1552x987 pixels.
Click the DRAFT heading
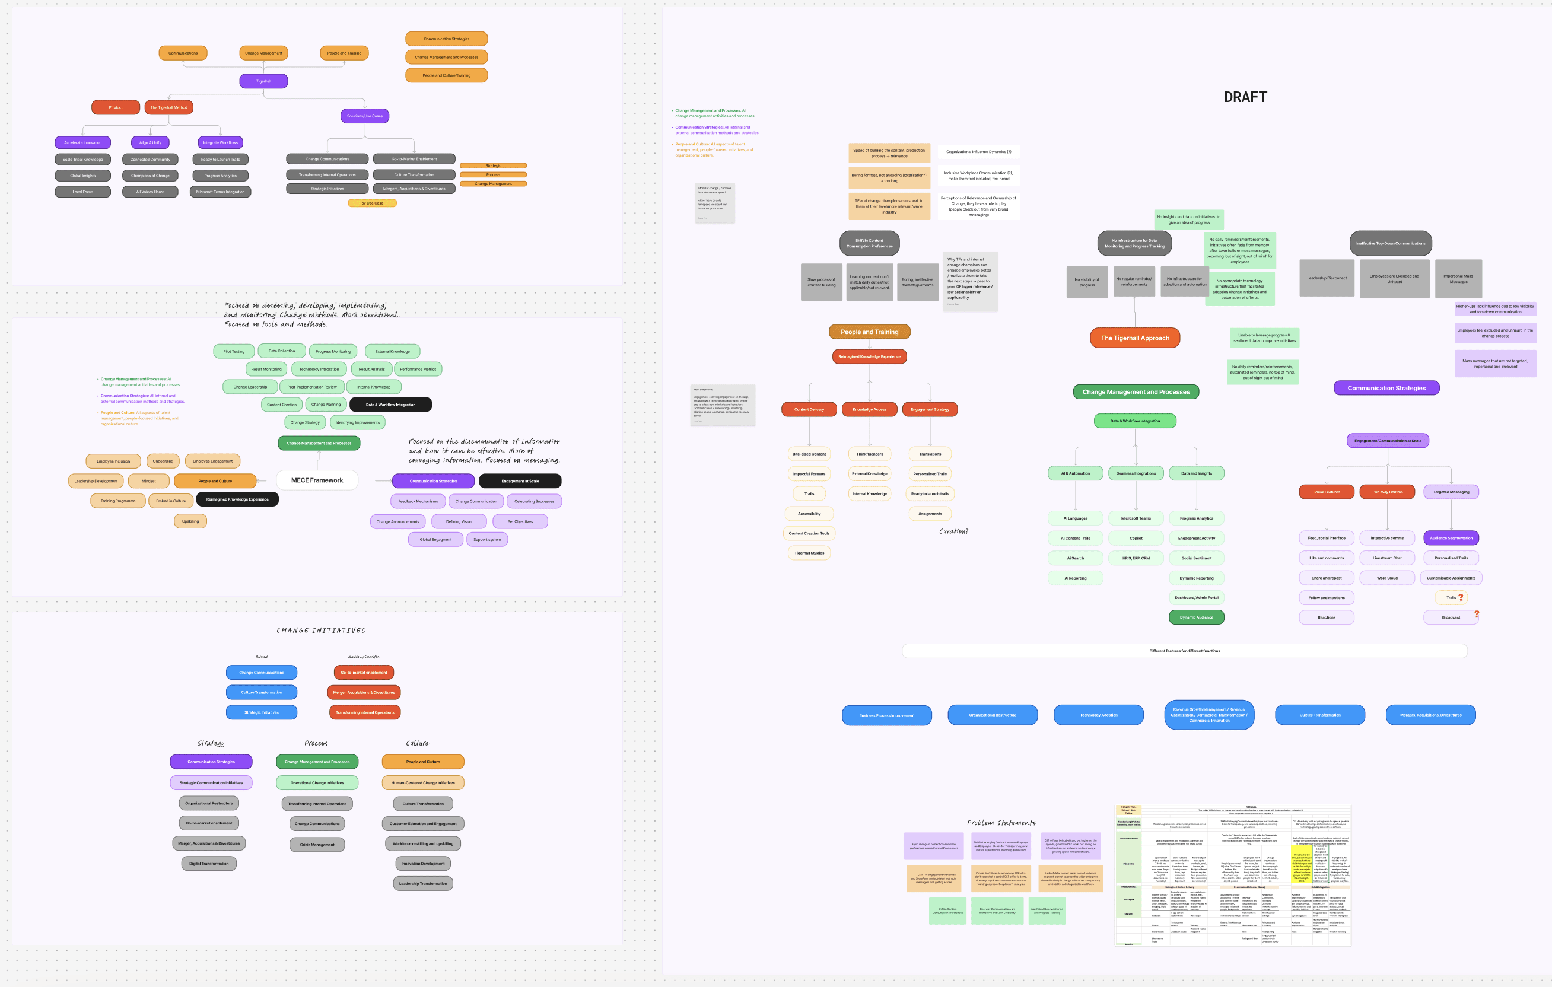point(1245,97)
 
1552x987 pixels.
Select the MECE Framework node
point(316,480)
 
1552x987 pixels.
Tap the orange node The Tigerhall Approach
point(1134,338)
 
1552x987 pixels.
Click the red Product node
point(115,107)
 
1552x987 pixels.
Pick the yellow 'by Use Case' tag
point(372,203)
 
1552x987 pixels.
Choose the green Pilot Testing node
point(233,351)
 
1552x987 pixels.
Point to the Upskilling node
point(190,521)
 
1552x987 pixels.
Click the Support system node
point(486,539)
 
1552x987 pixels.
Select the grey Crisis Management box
point(316,844)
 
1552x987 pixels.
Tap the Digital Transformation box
point(209,863)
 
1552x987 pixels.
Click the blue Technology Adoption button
point(1098,715)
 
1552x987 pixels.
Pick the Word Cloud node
point(1387,578)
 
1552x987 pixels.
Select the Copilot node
point(1136,538)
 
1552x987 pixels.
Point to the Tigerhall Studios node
point(809,553)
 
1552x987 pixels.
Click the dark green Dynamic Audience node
point(1196,617)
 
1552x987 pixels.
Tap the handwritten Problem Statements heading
point(1001,823)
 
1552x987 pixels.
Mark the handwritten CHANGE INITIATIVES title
point(320,630)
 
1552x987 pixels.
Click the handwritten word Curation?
point(953,531)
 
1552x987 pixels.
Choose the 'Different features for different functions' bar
point(1184,651)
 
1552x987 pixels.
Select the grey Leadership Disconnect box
point(1327,278)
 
